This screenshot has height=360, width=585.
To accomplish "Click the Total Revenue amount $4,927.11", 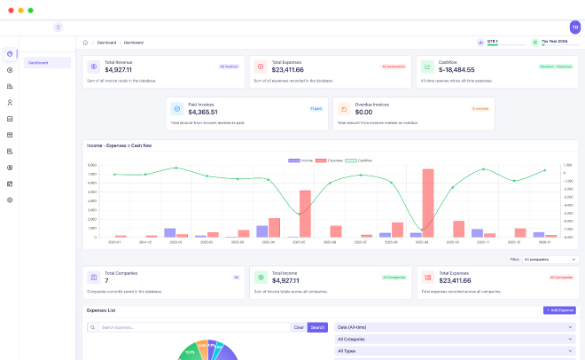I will (119, 69).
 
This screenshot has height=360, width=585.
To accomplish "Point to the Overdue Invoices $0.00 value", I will (363, 112).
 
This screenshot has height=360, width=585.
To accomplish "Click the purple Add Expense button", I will (560, 310).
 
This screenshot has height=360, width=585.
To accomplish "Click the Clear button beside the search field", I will (299, 327).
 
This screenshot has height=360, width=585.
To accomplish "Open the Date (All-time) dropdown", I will (455, 327).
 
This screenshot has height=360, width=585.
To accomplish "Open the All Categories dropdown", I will (455, 339).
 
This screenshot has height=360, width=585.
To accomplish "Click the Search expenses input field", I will (193, 327).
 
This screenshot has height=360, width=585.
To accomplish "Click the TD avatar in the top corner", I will (574, 27).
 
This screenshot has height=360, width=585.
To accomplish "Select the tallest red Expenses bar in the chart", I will (428, 203).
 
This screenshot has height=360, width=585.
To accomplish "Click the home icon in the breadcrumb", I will (85, 42).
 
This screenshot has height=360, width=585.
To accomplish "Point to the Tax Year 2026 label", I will (555, 41).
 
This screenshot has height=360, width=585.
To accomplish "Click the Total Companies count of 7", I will (106, 281).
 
